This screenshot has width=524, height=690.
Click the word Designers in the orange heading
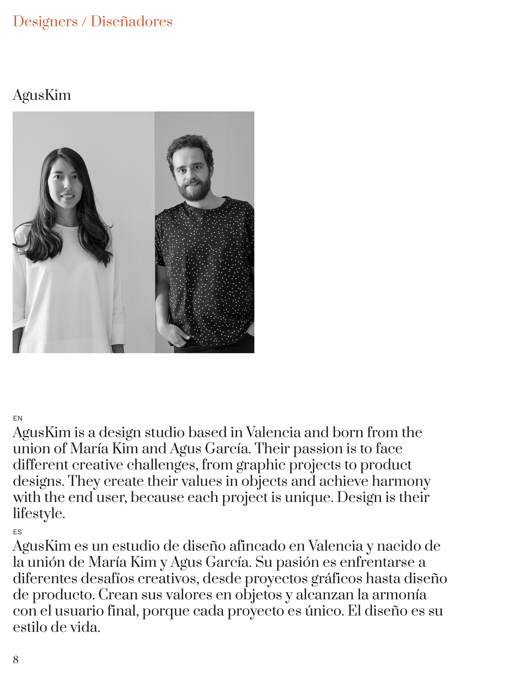[45, 22]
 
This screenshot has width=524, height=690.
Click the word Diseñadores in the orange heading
[131, 22]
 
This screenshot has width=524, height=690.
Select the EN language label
[18, 418]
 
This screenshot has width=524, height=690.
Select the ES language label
[17, 532]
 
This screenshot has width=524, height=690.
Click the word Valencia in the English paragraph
[273, 433]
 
